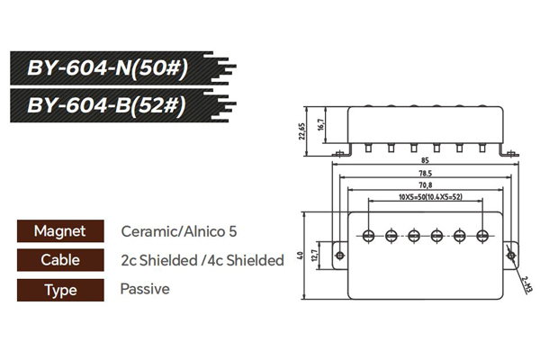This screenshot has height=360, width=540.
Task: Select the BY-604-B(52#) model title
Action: (x=107, y=105)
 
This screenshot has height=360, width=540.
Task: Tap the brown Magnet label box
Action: (x=59, y=231)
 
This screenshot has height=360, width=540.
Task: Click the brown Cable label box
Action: (x=59, y=260)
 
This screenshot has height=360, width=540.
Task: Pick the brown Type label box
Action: (x=59, y=290)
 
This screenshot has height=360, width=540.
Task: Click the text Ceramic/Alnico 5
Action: (x=179, y=231)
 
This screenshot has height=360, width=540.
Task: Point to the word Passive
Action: (x=144, y=290)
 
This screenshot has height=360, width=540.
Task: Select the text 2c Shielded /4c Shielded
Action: (x=202, y=260)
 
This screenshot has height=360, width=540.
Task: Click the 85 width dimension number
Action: (x=423, y=161)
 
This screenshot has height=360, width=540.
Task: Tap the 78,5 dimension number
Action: (x=424, y=174)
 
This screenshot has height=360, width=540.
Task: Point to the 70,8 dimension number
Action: (x=424, y=185)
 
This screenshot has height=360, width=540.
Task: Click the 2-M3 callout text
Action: (x=526, y=285)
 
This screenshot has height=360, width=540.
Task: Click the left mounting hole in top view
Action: (x=339, y=255)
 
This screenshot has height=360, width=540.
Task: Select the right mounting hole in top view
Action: (x=510, y=255)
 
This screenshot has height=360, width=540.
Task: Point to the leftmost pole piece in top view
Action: (x=369, y=236)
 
